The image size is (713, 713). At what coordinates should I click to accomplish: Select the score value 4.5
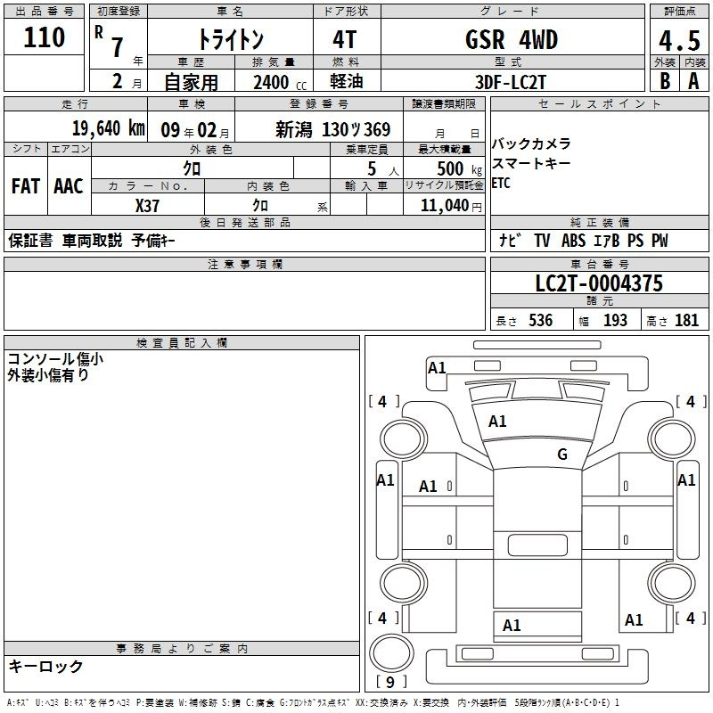(x=678, y=40)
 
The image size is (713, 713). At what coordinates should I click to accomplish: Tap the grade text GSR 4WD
(x=512, y=40)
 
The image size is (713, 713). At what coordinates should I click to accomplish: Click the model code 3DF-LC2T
(x=512, y=81)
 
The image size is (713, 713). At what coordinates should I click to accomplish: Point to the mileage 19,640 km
(x=107, y=128)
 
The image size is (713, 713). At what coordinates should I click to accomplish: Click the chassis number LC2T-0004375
(x=599, y=284)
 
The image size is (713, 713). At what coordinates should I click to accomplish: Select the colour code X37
(x=147, y=205)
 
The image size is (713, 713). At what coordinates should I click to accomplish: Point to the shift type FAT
(x=25, y=186)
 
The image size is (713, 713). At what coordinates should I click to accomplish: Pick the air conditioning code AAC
(x=69, y=186)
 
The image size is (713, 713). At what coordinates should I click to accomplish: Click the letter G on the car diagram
(x=561, y=455)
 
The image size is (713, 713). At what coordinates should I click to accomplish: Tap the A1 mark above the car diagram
(x=437, y=368)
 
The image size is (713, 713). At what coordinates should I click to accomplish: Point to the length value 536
(x=540, y=321)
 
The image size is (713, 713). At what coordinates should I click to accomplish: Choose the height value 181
(x=687, y=321)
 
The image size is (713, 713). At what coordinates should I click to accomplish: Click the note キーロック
(x=45, y=667)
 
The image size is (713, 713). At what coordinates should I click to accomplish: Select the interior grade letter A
(x=693, y=81)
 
